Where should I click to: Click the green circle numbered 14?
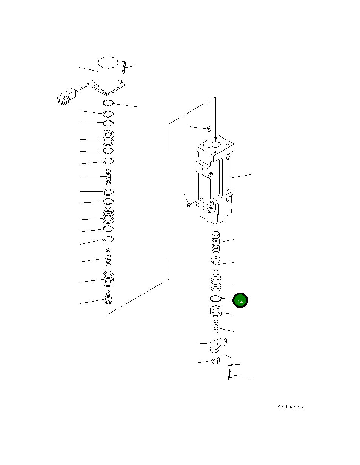pyautogui.click(x=240, y=300)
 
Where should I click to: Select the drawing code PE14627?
pyautogui.click(x=290, y=407)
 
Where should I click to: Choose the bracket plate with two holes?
pyautogui.click(x=218, y=345)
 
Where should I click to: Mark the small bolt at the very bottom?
pyautogui.click(x=231, y=376)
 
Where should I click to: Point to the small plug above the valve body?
pyautogui.click(x=208, y=129)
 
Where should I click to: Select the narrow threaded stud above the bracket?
pyautogui.click(x=216, y=327)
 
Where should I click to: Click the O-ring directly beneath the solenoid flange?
pyautogui.click(x=108, y=103)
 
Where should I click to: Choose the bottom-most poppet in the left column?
pyautogui.click(x=108, y=299)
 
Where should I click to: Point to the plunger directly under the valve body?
pyautogui.click(x=215, y=242)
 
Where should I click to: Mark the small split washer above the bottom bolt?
pyautogui.click(x=231, y=365)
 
